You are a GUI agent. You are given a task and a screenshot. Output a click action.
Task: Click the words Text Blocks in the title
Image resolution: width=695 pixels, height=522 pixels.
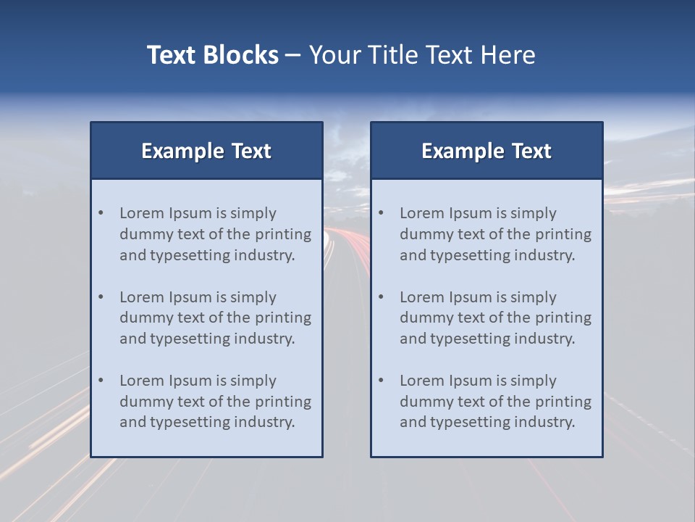[x=213, y=55]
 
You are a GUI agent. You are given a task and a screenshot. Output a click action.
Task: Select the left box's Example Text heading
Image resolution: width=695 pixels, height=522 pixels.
[x=206, y=151]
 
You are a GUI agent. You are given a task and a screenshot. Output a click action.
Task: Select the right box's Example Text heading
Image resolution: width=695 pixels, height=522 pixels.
[x=486, y=151]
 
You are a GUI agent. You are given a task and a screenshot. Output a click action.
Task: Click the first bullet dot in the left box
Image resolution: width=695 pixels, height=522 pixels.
[x=101, y=213]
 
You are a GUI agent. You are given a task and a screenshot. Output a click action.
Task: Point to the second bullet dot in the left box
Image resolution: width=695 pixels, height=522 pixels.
[x=101, y=297]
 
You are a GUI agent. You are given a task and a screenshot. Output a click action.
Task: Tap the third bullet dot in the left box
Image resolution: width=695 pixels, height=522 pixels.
[x=101, y=381]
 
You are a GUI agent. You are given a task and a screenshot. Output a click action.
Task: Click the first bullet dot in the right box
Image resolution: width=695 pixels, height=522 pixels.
[x=382, y=213]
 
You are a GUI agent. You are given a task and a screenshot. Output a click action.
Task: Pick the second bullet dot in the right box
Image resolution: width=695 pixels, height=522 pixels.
[x=382, y=297]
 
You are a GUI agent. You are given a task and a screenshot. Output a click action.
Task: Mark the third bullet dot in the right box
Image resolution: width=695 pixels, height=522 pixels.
[x=382, y=381]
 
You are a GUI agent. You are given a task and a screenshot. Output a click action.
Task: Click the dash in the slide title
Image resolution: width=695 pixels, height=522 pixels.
[x=293, y=55]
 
